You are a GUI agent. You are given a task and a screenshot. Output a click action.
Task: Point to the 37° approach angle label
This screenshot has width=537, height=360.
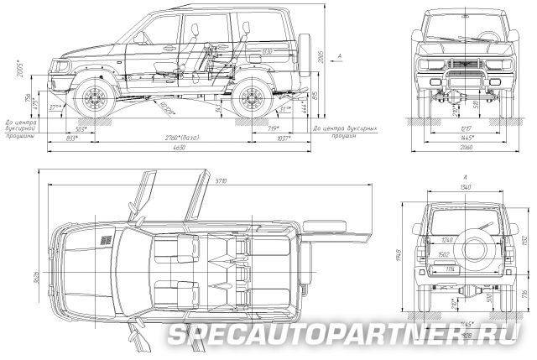tap(55, 108)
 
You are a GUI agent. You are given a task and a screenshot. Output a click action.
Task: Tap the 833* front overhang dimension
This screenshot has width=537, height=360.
tap(72, 136)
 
